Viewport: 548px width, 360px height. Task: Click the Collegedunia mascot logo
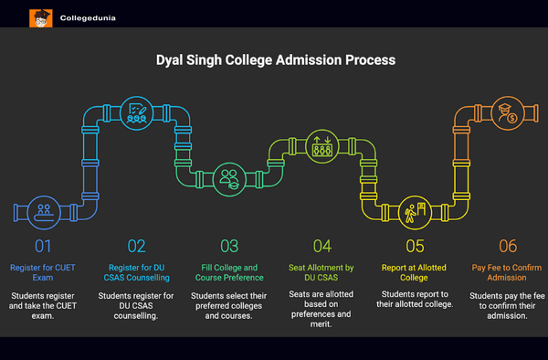point(41,16)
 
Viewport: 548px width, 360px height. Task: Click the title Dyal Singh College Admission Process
point(273,60)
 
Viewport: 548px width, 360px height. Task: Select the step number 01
point(44,245)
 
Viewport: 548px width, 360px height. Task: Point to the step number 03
point(229,245)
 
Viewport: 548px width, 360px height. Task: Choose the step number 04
point(321,245)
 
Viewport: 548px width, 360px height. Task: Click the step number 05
point(414,245)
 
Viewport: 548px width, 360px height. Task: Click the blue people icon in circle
point(43,210)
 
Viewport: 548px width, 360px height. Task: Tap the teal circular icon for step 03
point(227,175)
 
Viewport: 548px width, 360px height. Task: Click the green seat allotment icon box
point(322,146)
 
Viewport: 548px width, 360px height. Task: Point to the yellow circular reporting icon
point(413,210)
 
